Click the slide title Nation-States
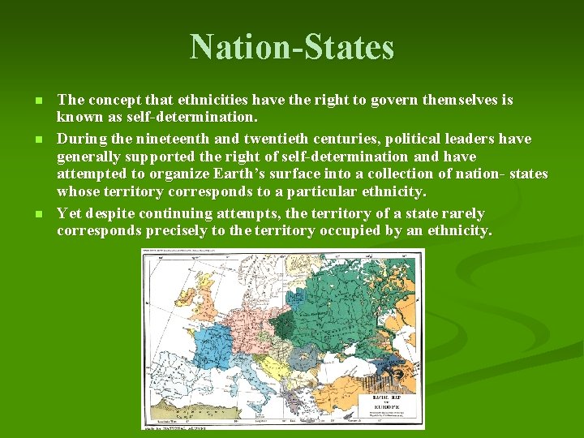(x=292, y=47)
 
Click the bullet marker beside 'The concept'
(x=38, y=101)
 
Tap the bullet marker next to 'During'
(x=38, y=139)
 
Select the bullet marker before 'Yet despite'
(x=38, y=214)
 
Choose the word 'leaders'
(x=485, y=139)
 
